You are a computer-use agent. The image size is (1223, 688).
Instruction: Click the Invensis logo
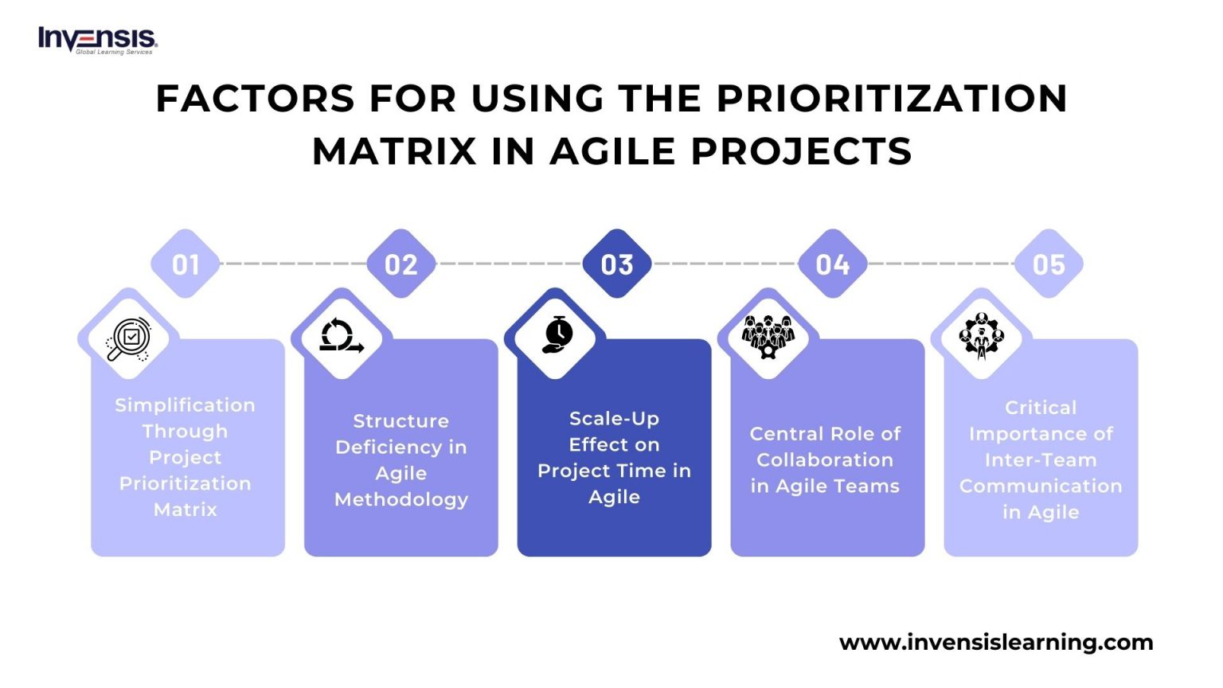coord(97,40)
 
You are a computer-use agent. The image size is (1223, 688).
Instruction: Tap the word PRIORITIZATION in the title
coord(892,99)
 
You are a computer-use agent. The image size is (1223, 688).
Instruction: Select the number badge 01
coord(186,264)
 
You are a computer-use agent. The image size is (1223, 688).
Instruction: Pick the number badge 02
coord(401,264)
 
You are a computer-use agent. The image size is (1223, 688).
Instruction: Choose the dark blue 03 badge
coord(617,264)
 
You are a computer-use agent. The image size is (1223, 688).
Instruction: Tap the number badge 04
coord(833,264)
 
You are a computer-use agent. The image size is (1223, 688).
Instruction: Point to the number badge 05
coord(1049,264)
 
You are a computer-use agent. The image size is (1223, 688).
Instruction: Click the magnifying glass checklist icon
coord(129,338)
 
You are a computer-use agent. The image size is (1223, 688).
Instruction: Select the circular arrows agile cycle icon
coord(342,336)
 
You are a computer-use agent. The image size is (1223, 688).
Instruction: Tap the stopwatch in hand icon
coord(557,335)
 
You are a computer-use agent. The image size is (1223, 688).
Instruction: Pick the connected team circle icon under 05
coord(982,335)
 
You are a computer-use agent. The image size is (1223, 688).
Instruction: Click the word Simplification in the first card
coord(185,405)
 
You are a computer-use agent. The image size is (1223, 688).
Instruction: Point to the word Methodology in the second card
coord(401,499)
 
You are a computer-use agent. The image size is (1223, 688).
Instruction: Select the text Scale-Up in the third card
coord(614,419)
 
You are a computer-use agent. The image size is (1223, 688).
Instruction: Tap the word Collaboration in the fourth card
coord(825,460)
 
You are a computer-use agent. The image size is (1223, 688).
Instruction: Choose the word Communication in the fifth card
coord(1041,486)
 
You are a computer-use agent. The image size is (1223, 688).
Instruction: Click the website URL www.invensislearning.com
coord(996,642)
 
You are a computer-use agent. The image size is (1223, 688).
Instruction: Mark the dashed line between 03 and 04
coord(725,264)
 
